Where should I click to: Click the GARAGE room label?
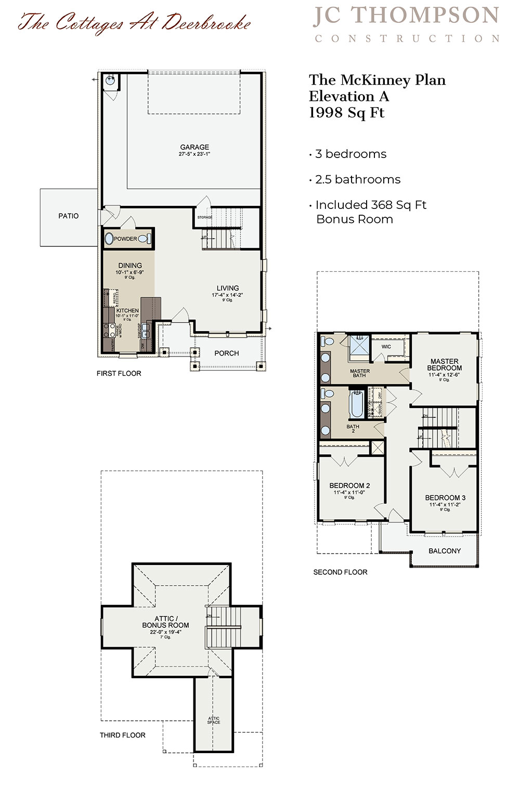coord(194,147)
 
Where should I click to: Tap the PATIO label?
coord(69,216)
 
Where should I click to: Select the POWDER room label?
coord(125,239)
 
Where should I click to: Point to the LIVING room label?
coord(228,288)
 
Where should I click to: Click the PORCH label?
coord(227,353)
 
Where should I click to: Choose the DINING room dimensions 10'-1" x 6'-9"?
coord(129,272)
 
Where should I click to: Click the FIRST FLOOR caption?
coord(119,373)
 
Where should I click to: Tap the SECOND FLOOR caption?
coord(340,572)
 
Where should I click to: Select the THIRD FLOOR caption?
coord(123,735)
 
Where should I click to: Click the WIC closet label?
coord(386,347)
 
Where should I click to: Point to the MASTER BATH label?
coord(360,373)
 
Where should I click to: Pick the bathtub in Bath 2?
coord(357,404)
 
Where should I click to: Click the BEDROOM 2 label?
coord(349,485)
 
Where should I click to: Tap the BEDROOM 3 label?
coord(445,497)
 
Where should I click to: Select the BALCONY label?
coord(445,551)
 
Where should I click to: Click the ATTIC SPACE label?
coord(214,720)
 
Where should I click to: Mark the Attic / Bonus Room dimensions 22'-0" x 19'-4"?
coord(165,632)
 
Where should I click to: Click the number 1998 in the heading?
coord(326,113)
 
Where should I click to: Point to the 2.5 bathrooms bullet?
coord(358,179)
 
